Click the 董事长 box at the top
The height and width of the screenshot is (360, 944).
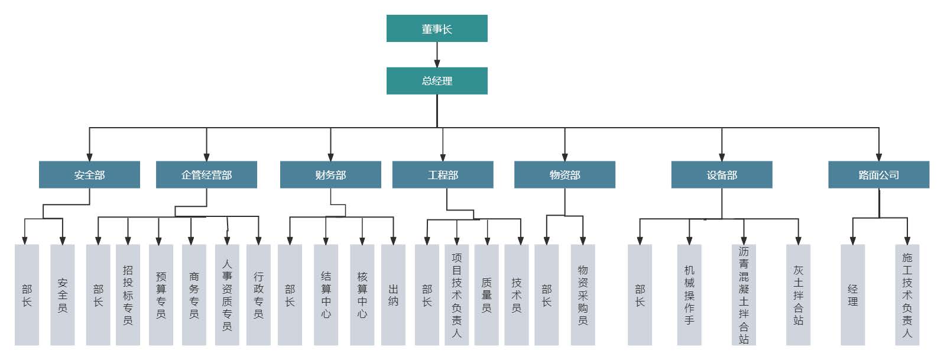[x=437, y=28]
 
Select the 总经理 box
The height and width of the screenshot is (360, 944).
[x=437, y=81]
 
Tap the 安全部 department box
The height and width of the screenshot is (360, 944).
[x=89, y=175]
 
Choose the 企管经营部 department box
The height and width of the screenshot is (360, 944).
[x=206, y=175]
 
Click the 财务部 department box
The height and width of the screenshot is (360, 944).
[x=330, y=175]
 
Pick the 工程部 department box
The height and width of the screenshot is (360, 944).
[x=443, y=175]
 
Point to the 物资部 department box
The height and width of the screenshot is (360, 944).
[x=565, y=175]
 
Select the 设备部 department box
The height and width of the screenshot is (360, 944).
[x=722, y=175]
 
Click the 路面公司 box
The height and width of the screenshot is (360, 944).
[x=878, y=175]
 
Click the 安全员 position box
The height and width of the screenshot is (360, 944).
[x=63, y=295]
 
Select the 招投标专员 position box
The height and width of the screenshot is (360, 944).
[x=128, y=295]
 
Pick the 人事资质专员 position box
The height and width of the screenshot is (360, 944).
[x=227, y=295]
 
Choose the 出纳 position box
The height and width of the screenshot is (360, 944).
[x=393, y=295]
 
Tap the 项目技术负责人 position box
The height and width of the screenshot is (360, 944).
[x=456, y=295]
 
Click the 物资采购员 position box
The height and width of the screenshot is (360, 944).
[x=583, y=295]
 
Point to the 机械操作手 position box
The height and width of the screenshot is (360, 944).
[x=689, y=295]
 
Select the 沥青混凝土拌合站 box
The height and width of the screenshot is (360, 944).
[x=744, y=295]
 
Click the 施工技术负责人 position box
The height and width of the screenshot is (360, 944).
[x=907, y=295]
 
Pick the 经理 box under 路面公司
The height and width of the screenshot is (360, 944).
[x=852, y=295]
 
